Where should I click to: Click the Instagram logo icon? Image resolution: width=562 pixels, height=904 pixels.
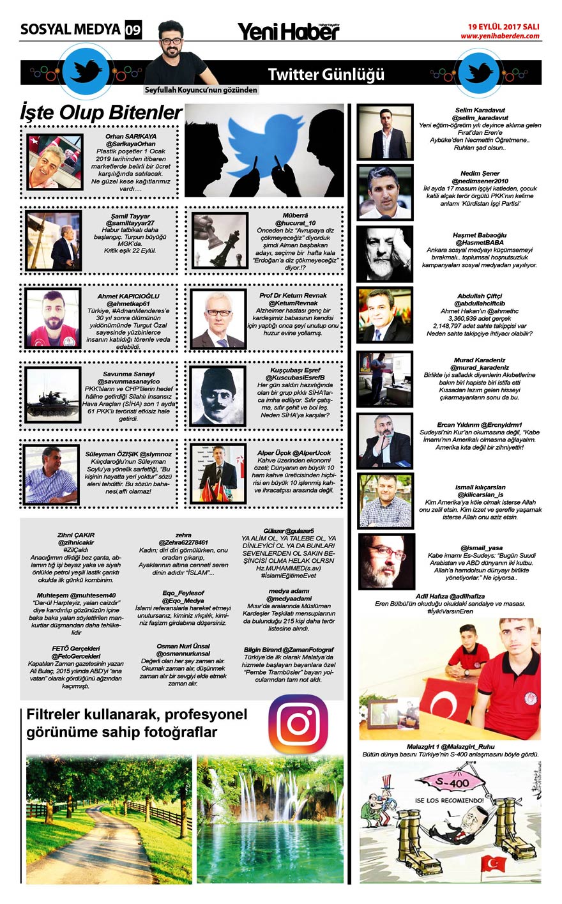point(298,724)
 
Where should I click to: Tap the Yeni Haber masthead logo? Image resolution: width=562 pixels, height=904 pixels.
point(289,31)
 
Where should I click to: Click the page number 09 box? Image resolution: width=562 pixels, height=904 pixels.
point(133,29)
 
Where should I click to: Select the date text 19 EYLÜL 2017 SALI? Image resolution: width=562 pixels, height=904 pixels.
point(503,27)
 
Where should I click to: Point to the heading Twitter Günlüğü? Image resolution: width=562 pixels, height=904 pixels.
point(326,74)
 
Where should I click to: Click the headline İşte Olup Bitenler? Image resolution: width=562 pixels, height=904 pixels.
point(101,112)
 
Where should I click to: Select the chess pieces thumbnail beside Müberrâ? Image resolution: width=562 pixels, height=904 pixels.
point(220,241)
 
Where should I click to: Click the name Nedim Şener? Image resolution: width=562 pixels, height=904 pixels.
point(480,173)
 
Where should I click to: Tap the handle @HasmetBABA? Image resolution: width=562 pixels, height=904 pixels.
point(480,243)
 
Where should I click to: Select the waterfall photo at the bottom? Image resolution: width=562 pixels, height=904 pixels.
point(270,820)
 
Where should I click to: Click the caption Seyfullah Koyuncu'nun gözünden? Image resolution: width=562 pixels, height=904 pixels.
point(201,90)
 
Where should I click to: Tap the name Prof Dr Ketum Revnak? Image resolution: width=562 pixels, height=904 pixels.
point(293,296)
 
